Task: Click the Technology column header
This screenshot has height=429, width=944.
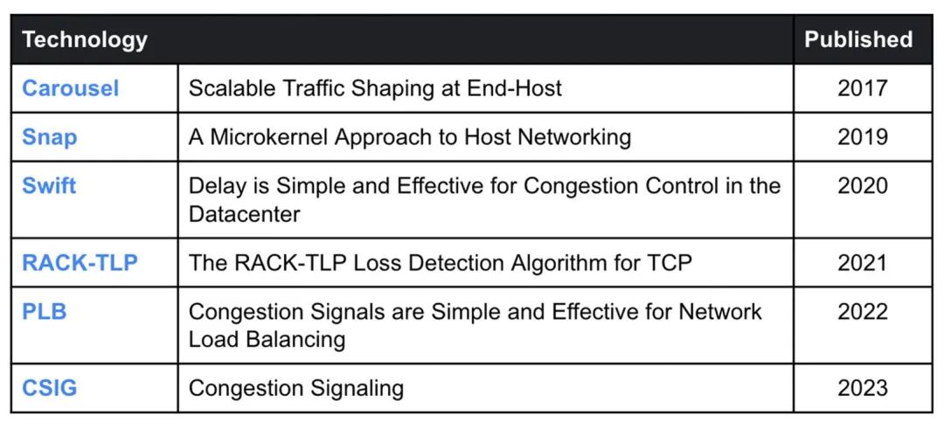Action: click(x=85, y=39)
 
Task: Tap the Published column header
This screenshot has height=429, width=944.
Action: click(x=857, y=39)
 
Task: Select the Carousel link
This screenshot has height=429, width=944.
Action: click(x=71, y=88)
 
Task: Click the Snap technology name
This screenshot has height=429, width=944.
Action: click(x=50, y=137)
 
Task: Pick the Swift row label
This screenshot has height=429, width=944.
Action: click(x=49, y=186)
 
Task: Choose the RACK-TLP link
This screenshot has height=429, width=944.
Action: click(x=80, y=263)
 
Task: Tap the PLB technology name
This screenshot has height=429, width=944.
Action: click(x=44, y=312)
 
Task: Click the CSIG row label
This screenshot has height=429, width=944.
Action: click(x=49, y=388)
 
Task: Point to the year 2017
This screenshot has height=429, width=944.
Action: click(x=862, y=88)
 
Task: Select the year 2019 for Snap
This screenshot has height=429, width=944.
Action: click(x=862, y=137)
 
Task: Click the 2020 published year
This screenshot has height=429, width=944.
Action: click(x=862, y=186)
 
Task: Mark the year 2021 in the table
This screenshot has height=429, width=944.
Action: click(x=862, y=263)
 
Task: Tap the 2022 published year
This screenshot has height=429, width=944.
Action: click(x=862, y=312)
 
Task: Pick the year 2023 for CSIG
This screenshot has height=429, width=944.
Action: click(x=862, y=388)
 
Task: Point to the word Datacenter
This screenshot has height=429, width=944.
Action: click(x=245, y=213)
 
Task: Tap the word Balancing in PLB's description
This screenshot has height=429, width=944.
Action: click(x=294, y=339)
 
